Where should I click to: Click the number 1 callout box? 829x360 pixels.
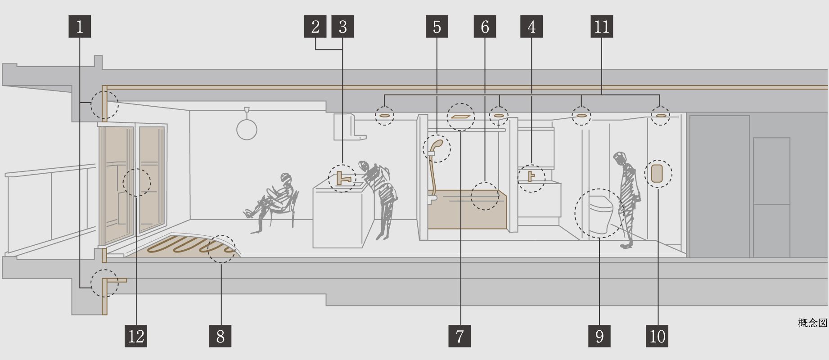click(x=80, y=27)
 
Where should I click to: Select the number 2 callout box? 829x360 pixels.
click(x=315, y=27)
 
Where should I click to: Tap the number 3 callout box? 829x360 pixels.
click(x=342, y=27)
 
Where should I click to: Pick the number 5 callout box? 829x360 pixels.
click(x=437, y=27)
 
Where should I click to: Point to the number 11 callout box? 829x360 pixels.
click(x=602, y=27)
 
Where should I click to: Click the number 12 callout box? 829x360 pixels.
click(x=136, y=336)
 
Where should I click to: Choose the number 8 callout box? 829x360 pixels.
click(x=221, y=336)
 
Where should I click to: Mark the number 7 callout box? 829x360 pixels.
click(x=460, y=336)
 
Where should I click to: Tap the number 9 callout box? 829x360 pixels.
click(x=599, y=336)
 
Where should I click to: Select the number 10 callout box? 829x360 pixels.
click(x=657, y=336)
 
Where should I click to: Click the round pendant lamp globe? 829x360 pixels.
click(x=247, y=130)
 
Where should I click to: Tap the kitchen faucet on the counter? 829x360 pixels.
click(x=343, y=178)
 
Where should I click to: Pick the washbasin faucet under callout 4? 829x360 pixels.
click(x=532, y=175)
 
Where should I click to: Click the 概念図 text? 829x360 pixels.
click(x=812, y=323)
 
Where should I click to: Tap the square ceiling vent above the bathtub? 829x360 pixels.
click(x=460, y=116)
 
